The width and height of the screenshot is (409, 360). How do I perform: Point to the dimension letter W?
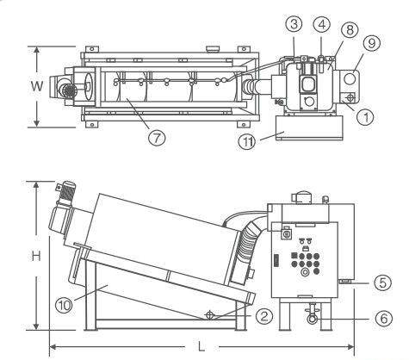click(x=27, y=84)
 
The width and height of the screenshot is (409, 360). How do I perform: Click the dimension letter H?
click(x=25, y=256)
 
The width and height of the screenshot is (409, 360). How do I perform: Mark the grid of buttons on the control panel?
click(x=303, y=258)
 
